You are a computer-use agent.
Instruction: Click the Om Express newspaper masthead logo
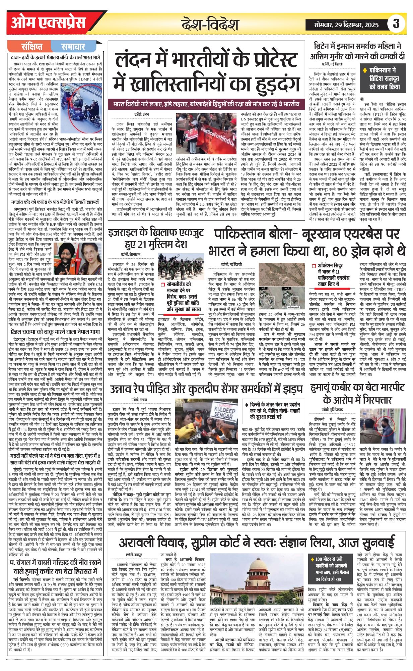click(49, 23)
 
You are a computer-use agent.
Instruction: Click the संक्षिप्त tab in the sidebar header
click(31, 46)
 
